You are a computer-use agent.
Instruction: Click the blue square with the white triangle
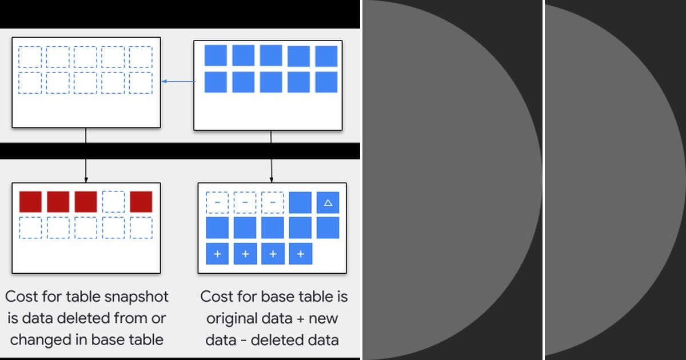pos(328,202)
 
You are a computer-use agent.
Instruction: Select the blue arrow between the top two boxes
pos(178,81)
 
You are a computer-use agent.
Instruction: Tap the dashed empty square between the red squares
pos(113,202)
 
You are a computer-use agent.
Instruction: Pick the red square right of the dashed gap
pos(141,202)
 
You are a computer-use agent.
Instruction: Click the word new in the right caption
pos(323,319)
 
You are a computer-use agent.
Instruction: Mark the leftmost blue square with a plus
pos(217,254)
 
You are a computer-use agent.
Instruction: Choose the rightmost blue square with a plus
pos(301,254)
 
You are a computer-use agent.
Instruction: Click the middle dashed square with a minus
pos(245,202)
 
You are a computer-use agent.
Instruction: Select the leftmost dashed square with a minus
pos(217,202)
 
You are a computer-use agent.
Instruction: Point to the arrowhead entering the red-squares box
pos(86,179)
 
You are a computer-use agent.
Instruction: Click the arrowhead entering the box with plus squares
pos(272,179)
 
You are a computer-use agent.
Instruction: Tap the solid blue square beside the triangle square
pos(300,202)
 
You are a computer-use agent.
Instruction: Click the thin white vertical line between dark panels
pos(543,180)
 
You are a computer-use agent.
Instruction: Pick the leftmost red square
pos(30,202)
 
